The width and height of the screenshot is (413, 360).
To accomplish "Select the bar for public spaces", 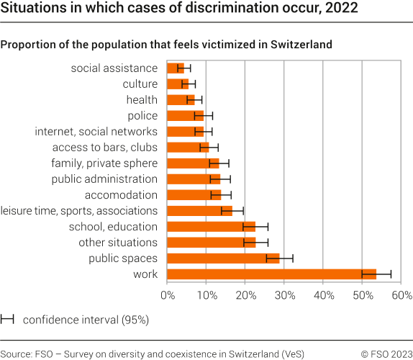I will tap(223, 258).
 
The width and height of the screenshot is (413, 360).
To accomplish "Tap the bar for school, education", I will tap(212, 226).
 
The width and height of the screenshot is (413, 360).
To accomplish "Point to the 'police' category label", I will tap(142, 115).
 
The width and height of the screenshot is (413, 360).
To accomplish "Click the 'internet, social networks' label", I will tap(96, 131).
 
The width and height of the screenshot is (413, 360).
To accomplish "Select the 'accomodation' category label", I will tap(121, 194).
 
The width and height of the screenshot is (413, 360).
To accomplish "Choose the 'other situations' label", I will tap(117, 242).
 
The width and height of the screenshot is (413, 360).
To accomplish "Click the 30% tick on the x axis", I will tap(283, 295).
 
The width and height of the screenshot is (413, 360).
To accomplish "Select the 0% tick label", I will tap(168, 295).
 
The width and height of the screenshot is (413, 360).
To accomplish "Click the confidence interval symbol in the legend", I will tap(8, 318).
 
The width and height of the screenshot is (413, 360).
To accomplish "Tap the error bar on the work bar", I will tap(376, 274).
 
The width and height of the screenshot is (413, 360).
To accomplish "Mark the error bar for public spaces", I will tap(279, 258).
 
